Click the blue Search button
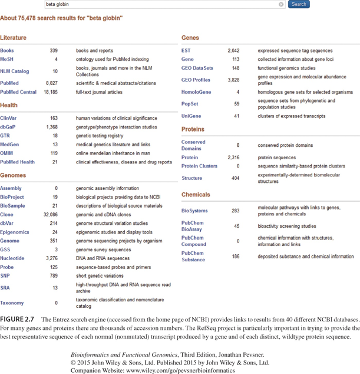point(299,4)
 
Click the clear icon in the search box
point(281,4)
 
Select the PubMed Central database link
point(18,92)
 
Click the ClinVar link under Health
point(9,118)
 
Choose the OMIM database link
point(8,153)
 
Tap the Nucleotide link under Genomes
point(12,258)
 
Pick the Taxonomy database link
point(12,303)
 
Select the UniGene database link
point(191,116)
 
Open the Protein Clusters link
point(199,166)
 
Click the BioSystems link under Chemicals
point(194,211)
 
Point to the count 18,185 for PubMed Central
point(49,92)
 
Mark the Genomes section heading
point(13,175)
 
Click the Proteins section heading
point(193,129)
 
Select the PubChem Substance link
point(193,256)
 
